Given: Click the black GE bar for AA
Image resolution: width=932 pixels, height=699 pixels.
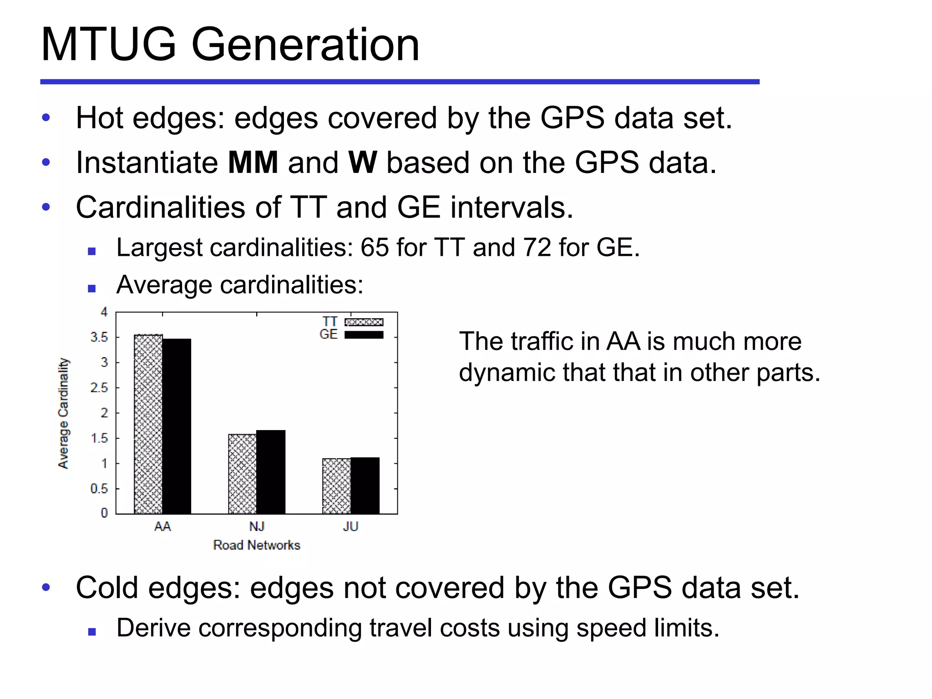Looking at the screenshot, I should click(177, 426).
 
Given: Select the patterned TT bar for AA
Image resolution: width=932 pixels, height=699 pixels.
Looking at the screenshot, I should click(148, 424).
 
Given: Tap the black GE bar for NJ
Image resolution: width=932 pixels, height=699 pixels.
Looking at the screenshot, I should click(271, 472).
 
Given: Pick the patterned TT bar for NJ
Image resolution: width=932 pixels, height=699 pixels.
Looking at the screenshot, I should click(242, 474).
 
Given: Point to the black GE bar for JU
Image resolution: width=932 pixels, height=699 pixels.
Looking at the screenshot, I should click(365, 486).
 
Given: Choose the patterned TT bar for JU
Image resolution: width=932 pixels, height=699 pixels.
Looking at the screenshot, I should click(337, 486).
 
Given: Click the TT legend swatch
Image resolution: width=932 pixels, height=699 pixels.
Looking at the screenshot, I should click(364, 322).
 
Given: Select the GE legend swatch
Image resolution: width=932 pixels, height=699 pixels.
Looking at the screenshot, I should click(364, 334).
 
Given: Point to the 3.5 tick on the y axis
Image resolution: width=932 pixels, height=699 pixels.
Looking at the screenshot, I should click(99, 337).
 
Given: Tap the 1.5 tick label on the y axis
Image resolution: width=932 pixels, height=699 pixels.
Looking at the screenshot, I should click(99, 438).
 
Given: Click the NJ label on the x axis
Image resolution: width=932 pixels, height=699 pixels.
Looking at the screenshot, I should click(257, 527).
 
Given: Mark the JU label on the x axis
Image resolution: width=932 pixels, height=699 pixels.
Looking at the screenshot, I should click(350, 527).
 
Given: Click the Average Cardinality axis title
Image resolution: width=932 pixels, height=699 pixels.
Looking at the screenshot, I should click(63, 413).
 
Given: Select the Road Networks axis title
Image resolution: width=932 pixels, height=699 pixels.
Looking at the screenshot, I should click(257, 545).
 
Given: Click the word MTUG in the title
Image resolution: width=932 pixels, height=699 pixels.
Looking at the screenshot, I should click(108, 45).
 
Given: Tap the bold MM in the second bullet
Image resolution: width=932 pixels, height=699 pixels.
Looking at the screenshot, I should click(253, 162).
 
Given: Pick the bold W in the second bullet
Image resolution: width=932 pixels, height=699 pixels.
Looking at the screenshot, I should click(362, 162).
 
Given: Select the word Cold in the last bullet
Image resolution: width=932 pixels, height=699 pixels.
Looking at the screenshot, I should click(107, 588).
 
